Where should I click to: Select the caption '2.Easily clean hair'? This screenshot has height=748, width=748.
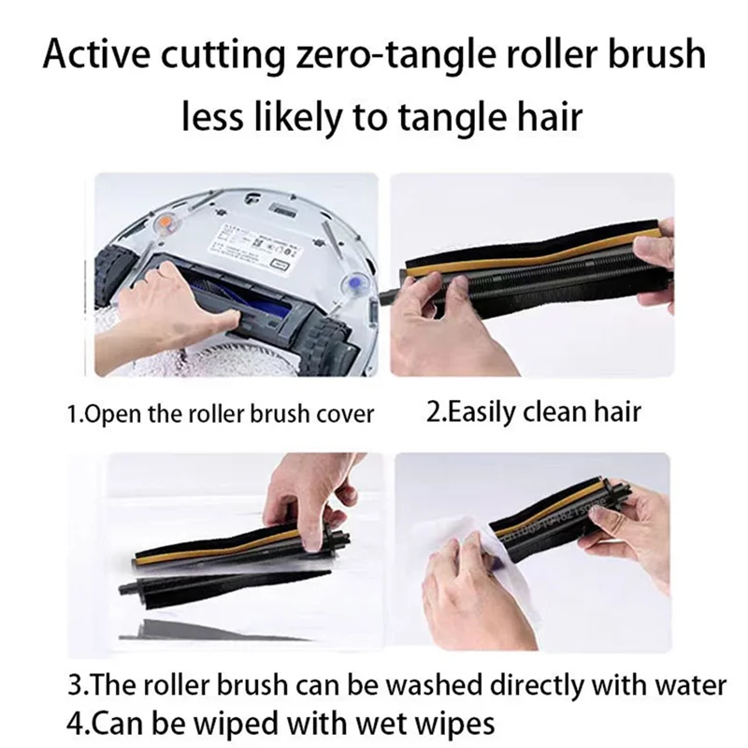[x=533, y=412]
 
